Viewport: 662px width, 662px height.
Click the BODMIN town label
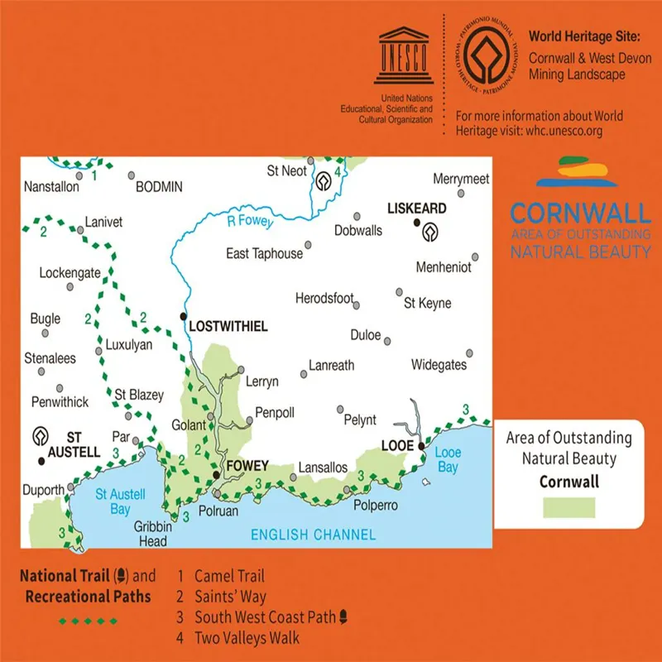pyautogui.click(x=158, y=187)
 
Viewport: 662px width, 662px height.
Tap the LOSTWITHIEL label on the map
pyautogui.click(x=228, y=327)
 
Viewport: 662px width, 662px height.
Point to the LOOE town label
pyautogui.click(x=396, y=446)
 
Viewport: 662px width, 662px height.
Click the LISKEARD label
pyautogui.click(x=417, y=209)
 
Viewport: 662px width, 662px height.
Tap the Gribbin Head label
pyautogui.click(x=152, y=534)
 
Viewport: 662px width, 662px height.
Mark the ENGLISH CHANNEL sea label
pyautogui.click(x=314, y=535)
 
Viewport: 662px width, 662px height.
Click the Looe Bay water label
pyautogui.click(x=447, y=460)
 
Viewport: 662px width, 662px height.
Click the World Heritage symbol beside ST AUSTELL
pyautogui.click(x=38, y=435)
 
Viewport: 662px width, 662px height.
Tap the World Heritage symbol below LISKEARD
pyautogui.click(x=429, y=233)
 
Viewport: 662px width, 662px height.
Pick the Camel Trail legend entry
pyautogui.click(x=229, y=576)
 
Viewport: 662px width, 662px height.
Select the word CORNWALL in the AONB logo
pyautogui.click(x=580, y=213)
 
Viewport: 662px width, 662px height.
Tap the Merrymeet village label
pyautogui.click(x=462, y=179)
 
